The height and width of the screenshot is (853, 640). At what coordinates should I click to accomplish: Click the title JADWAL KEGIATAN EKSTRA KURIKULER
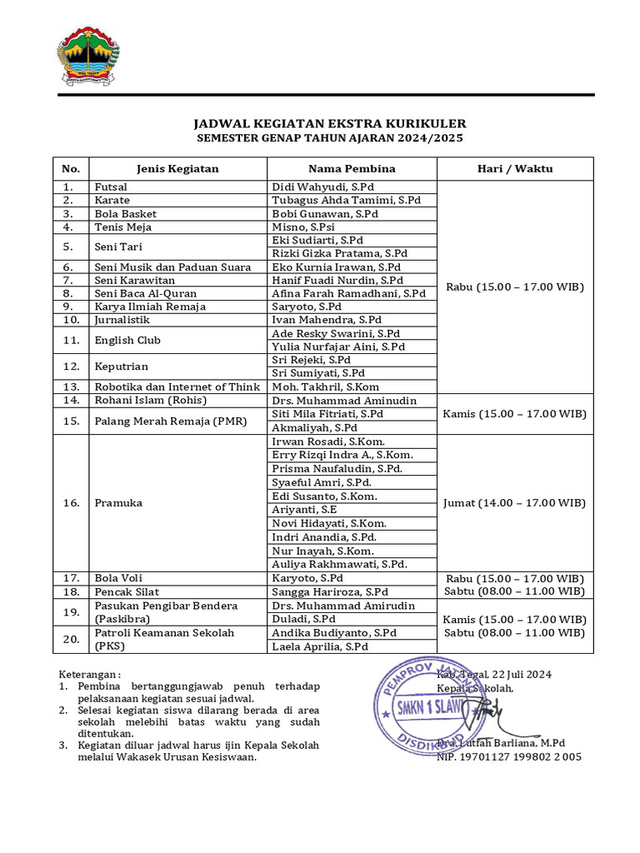click(x=330, y=123)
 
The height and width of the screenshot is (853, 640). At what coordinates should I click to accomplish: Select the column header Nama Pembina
click(x=352, y=168)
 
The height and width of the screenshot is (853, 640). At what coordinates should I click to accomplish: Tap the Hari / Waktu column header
click(x=515, y=168)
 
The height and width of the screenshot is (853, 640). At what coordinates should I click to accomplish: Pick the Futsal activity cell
click(x=111, y=187)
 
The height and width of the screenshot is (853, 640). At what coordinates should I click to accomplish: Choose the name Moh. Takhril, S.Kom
click(x=326, y=387)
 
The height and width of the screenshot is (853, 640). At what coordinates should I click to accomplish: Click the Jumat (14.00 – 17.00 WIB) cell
click(x=515, y=502)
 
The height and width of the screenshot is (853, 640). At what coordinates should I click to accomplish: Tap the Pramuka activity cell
click(x=118, y=502)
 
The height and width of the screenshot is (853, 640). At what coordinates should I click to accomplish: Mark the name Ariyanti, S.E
click(x=304, y=510)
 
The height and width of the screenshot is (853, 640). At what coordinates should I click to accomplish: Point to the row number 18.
click(x=72, y=591)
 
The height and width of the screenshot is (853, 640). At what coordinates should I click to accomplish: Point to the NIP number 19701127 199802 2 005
click(x=509, y=756)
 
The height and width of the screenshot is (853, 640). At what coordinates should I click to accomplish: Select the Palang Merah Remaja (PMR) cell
click(x=170, y=421)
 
